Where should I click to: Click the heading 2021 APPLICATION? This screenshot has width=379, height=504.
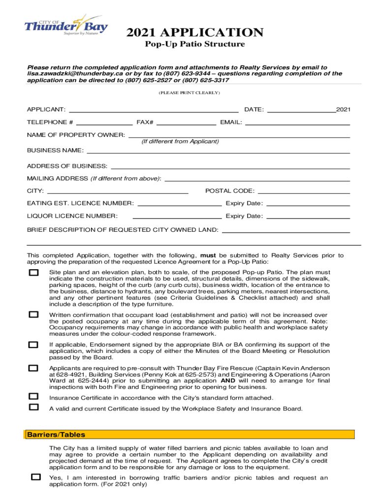[194, 33]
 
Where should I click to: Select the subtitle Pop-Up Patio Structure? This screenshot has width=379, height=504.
[194, 44]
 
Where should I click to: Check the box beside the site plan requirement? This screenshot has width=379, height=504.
[33, 273]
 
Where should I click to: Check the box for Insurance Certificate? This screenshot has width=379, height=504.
[33, 396]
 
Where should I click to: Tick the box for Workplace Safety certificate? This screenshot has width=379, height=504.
[33, 407]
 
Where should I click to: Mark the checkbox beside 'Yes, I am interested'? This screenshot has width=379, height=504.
[36, 477]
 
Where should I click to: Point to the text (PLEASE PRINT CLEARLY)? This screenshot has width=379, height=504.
[189, 93]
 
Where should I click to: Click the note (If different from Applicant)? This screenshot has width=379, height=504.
[180, 142]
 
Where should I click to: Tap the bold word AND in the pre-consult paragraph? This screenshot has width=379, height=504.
[228, 380]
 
